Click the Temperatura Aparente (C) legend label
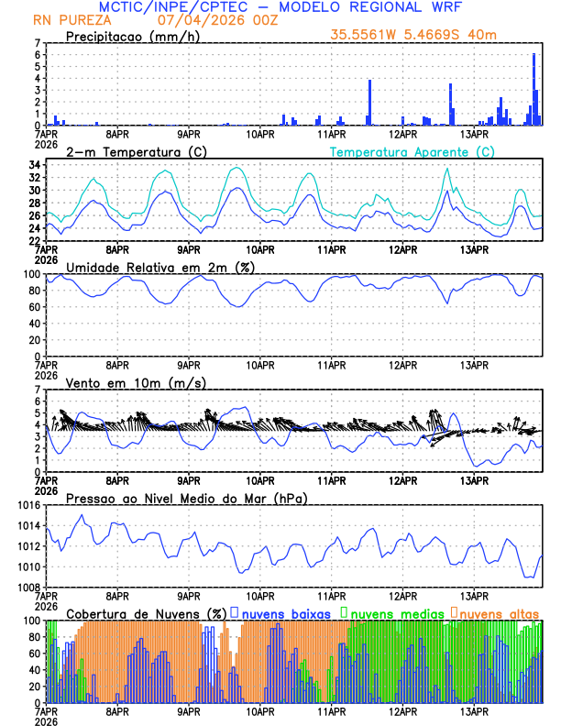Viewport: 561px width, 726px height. (412, 151)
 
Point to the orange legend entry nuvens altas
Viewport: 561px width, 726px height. (500, 612)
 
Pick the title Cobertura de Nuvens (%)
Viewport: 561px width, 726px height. (146, 612)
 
